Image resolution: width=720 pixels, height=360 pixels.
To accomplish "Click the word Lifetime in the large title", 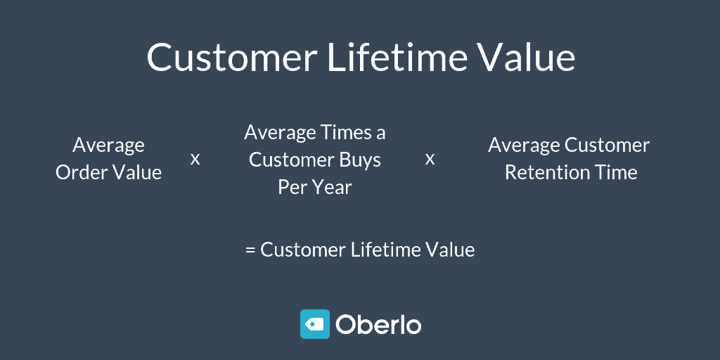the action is click(397, 57).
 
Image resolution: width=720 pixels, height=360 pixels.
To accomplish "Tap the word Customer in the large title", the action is click(232, 57).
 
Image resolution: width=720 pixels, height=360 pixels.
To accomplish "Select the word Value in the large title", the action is click(527, 57).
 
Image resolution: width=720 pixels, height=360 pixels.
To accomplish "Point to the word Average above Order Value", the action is click(108, 146).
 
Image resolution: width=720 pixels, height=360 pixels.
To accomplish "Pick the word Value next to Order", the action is click(136, 173).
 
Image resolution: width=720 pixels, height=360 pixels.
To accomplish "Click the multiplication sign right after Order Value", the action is click(195, 160).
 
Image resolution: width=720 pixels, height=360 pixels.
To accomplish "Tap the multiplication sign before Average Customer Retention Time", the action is click(430, 160).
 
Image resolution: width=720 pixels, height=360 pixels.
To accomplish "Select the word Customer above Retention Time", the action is click(607, 146).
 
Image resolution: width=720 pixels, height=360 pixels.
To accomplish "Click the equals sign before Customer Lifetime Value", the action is click(250, 250).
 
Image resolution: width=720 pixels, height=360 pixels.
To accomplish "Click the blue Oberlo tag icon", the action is click(315, 324).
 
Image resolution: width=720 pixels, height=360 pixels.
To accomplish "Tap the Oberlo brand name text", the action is click(378, 325).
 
